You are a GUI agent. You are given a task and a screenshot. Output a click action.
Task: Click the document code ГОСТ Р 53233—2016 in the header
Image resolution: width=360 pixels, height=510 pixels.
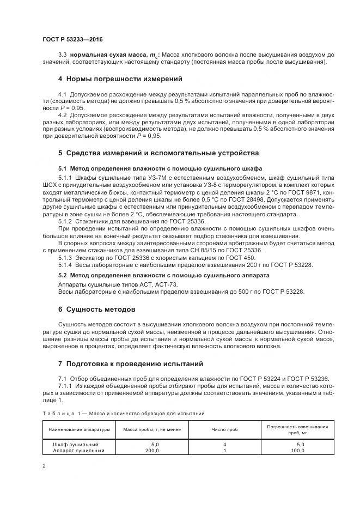coord(72,40)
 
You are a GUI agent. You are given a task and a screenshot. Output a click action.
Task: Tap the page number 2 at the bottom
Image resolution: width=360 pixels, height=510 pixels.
coord(44,466)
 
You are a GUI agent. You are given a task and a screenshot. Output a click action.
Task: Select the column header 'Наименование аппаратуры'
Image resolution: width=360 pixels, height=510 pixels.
coord(79,429)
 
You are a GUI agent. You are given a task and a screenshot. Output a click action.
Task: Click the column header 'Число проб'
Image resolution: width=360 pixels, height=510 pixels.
coord(224,429)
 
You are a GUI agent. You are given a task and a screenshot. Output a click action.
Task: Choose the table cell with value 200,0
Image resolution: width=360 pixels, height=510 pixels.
coord(151,451)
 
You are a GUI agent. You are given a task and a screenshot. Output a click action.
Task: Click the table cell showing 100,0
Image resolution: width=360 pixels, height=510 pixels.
coord(297,451)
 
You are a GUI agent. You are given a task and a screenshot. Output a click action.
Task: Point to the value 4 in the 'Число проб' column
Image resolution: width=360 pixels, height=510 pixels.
coord(224,445)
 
